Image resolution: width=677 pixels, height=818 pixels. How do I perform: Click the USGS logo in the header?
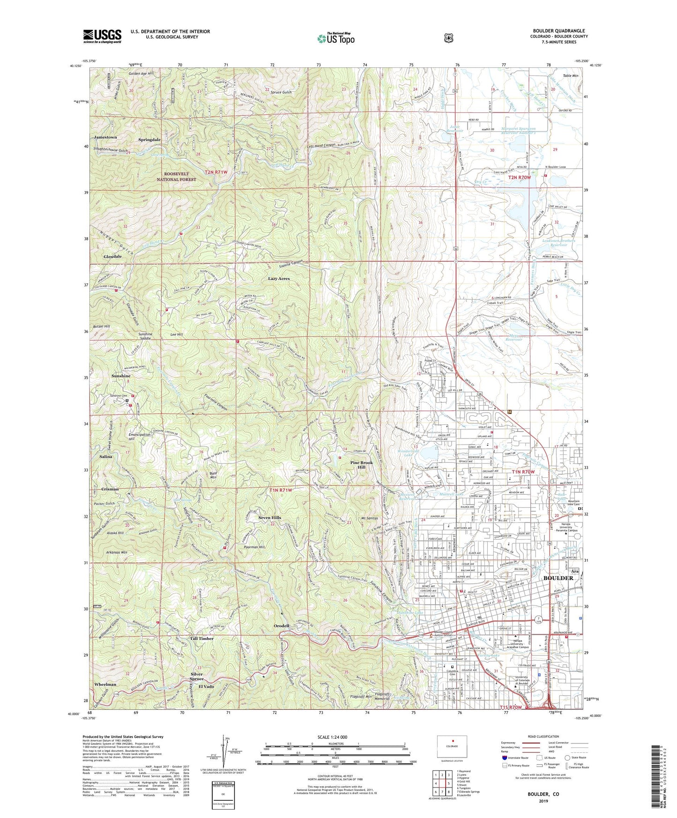click(102, 36)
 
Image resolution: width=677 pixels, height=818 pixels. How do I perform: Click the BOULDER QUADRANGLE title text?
click(558, 31)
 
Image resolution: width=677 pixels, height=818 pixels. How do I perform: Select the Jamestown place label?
click(105, 137)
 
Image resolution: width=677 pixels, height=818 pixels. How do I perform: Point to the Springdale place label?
click(149, 140)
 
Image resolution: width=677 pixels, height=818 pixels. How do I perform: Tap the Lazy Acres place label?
click(279, 279)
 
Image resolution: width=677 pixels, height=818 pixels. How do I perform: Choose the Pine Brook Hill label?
click(362, 465)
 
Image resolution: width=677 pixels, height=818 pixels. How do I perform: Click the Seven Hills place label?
click(270, 518)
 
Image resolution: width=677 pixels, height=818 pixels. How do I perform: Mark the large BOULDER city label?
click(558, 578)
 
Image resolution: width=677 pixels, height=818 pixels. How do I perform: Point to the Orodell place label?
click(282, 626)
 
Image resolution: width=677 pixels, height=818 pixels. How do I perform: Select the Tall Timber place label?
click(202, 639)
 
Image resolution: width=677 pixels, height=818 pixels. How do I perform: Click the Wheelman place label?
click(105, 684)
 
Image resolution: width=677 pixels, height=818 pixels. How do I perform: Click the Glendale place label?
click(112, 257)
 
